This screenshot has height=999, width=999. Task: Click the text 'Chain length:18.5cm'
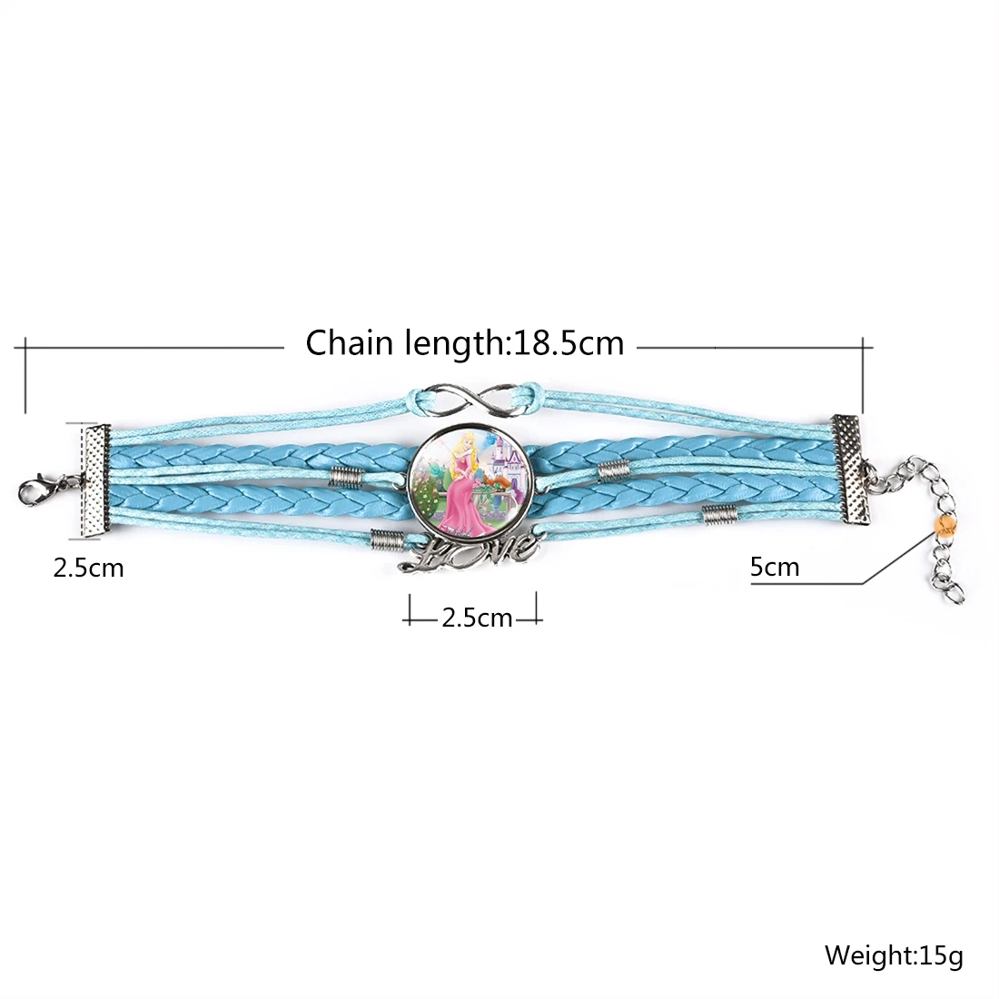[464, 343]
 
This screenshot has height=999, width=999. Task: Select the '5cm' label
[775, 568]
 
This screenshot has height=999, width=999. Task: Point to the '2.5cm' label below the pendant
[477, 618]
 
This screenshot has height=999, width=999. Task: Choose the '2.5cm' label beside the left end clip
[88, 569]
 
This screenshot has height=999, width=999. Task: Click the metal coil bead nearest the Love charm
[387, 541]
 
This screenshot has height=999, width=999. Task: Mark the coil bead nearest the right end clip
[717, 514]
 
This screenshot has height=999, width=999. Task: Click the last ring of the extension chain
[955, 593]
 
